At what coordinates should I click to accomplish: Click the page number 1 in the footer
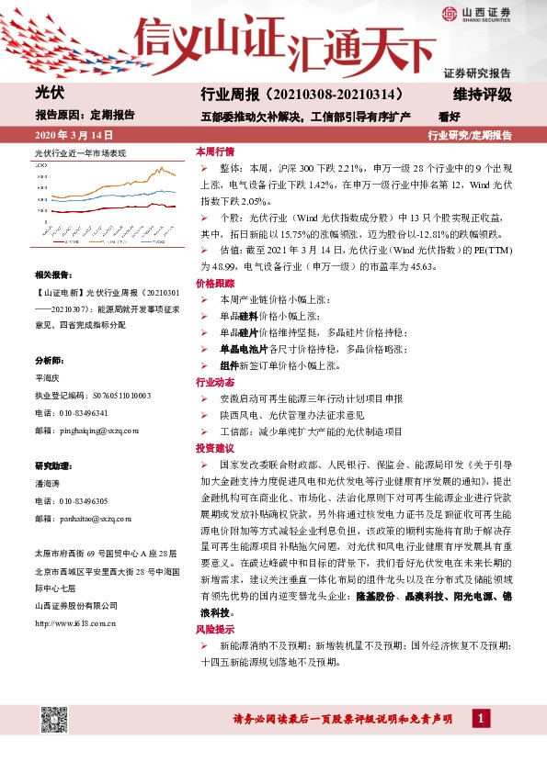coord(479,718)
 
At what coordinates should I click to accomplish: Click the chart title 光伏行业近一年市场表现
coord(80,152)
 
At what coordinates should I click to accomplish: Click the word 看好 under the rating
coord(450,117)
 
